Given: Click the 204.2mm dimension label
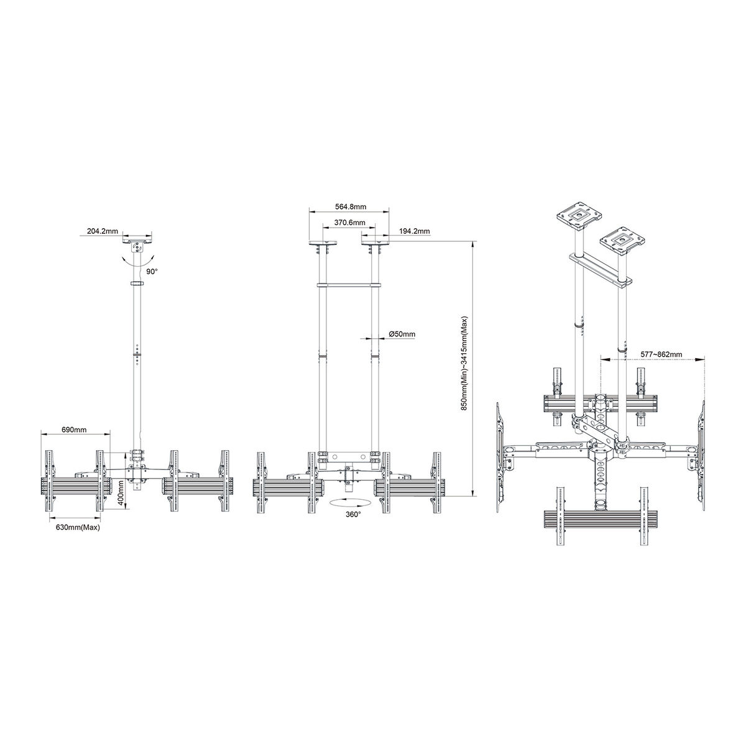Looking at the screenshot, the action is [x=102, y=231].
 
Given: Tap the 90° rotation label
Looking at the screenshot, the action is [x=152, y=272].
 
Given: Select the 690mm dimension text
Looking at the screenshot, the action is [x=75, y=430].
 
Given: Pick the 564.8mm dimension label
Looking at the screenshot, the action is [x=351, y=207].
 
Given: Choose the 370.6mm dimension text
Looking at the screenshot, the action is [x=349, y=223].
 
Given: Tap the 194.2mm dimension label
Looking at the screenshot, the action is [x=414, y=231].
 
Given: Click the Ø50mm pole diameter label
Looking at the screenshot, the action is [x=402, y=333].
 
